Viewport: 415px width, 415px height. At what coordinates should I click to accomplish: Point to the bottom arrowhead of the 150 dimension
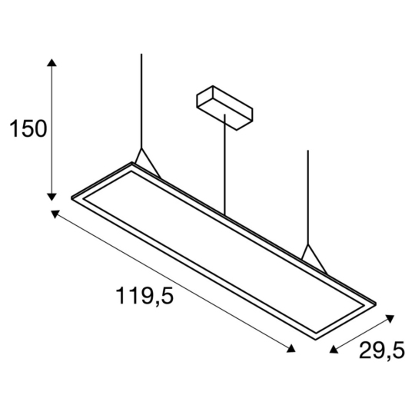(52, 196)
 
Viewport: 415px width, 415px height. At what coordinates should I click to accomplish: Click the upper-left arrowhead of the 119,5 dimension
(56, 213)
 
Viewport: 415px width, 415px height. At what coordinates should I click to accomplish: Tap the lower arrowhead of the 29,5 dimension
(333, 350)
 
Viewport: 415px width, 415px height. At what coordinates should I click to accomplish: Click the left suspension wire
(141, 100)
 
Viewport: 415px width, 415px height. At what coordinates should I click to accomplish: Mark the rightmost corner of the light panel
(377, 301)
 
